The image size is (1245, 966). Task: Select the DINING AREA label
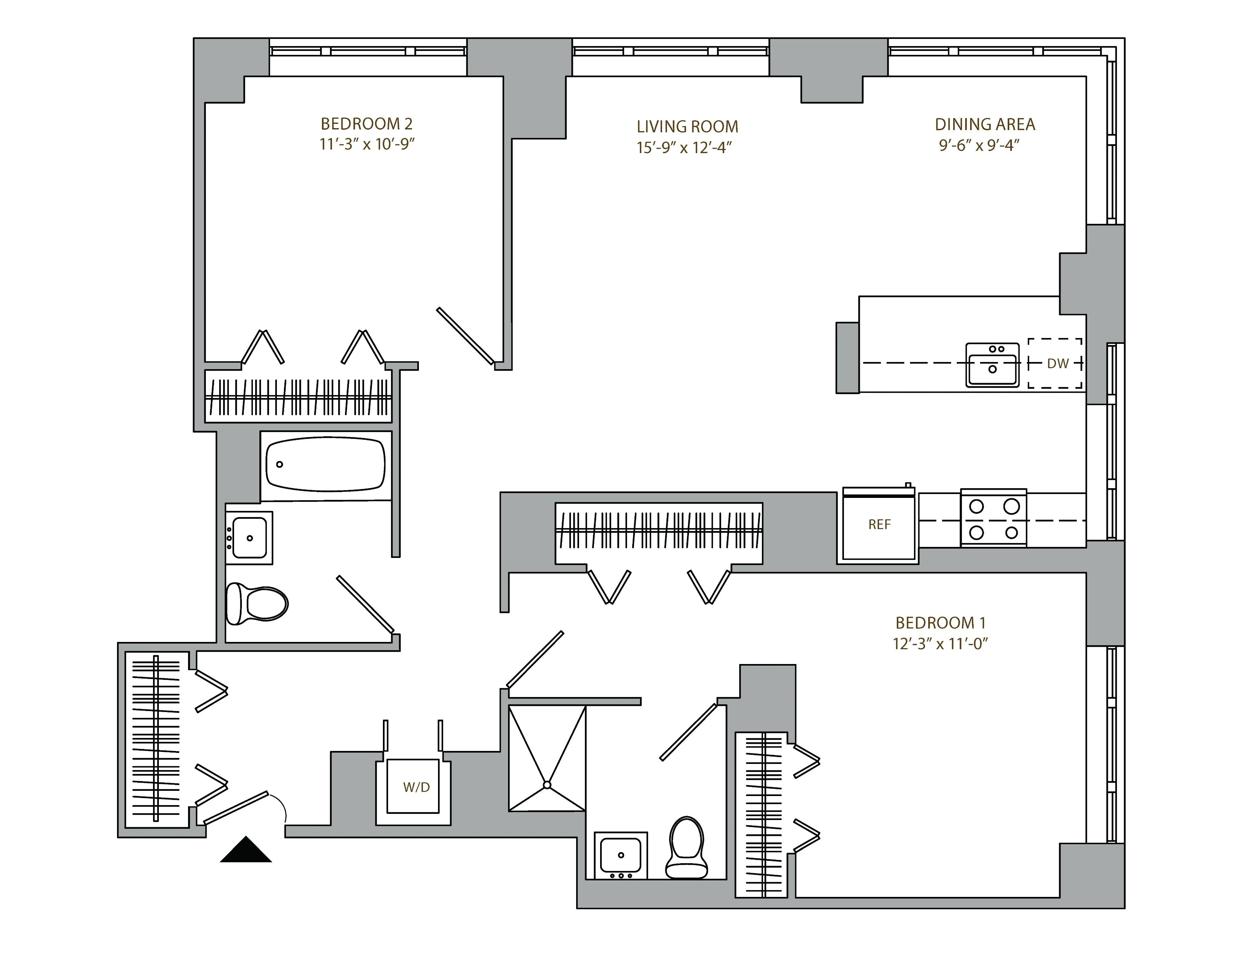pos(984,124)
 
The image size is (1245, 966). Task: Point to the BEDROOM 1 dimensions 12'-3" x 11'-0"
pos(940,644)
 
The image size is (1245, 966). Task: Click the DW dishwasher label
pos(1058,364)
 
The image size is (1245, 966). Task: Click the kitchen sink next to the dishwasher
pos(992,365)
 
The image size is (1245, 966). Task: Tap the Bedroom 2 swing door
pos(465,335)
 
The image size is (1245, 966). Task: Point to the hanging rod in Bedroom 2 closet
pos(298,397)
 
